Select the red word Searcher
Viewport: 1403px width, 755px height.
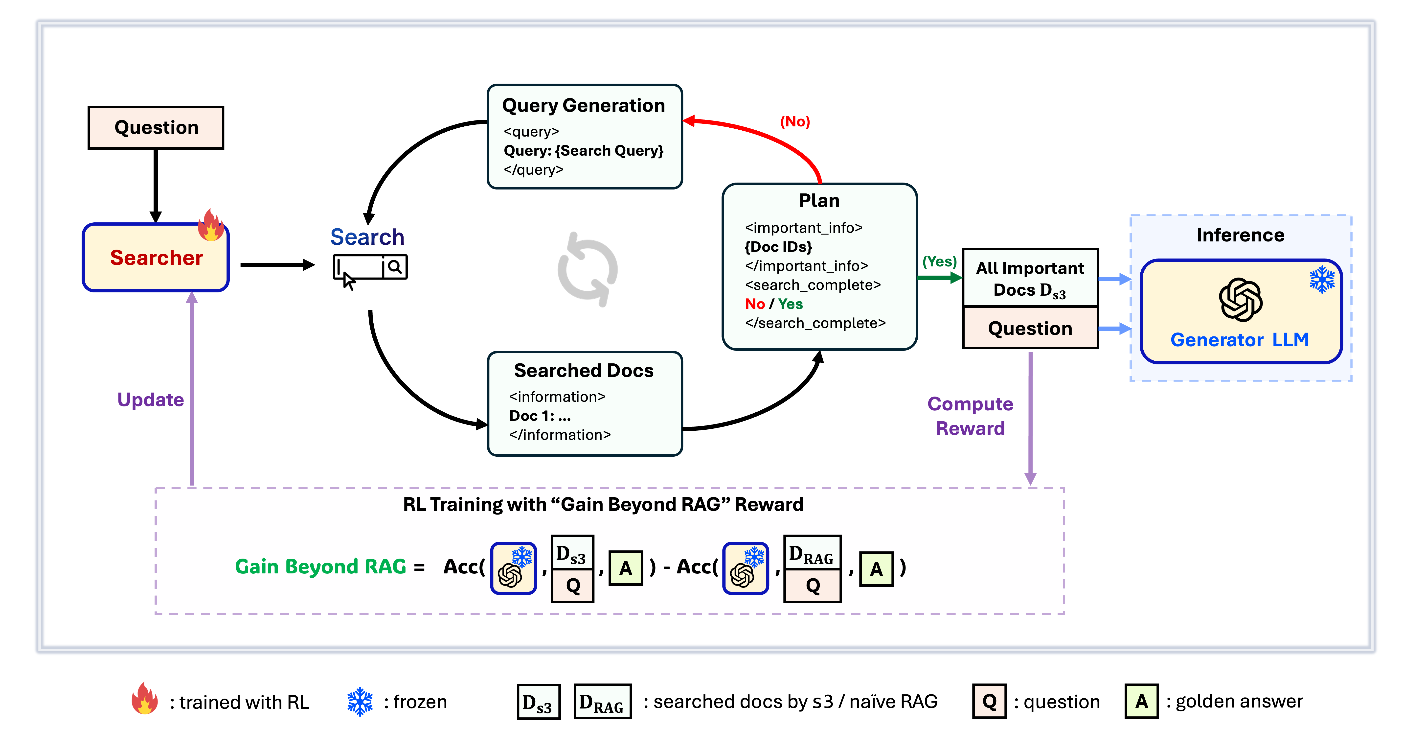[156, 258]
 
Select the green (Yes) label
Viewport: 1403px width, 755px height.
[939, 261]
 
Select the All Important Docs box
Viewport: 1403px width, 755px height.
[1030, 278]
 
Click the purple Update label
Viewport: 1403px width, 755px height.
[151, 400]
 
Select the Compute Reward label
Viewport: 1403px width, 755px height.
[970, 416]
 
